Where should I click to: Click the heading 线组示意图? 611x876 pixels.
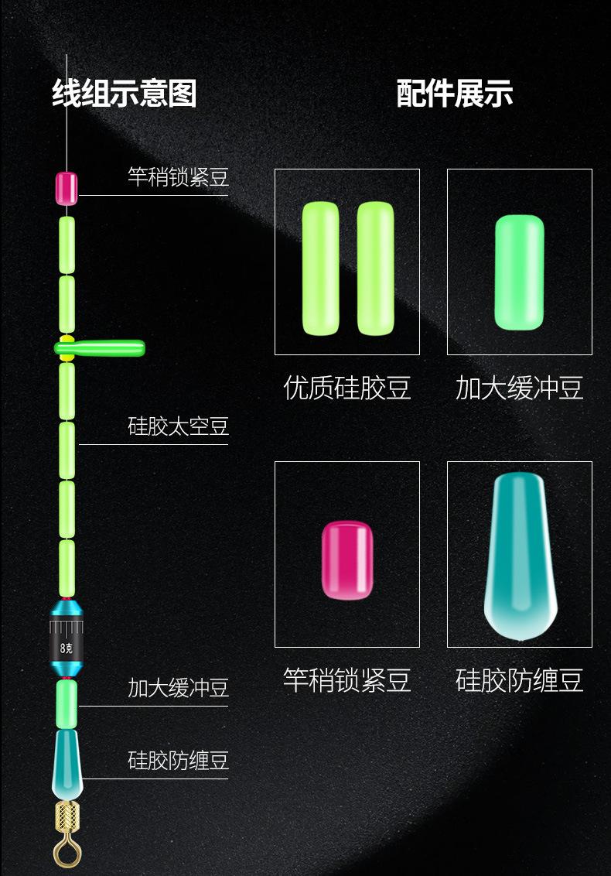(x=125, y=94)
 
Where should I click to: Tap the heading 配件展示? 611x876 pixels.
(x=455, y=94)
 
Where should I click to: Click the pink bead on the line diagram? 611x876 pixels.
(x=67, y=188)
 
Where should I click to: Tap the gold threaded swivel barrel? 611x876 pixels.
(x=67, y=815)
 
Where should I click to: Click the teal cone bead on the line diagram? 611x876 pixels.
(x=67, y=762)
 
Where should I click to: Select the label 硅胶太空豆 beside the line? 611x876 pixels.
(x=178, y=426)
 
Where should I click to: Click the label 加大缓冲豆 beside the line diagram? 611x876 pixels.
(x=178, y=688)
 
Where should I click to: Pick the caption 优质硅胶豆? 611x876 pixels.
(x=346, y=388)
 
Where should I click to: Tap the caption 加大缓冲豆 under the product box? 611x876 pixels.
(x=519, y=388)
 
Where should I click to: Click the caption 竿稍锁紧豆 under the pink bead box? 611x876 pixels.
(x=346, y=680)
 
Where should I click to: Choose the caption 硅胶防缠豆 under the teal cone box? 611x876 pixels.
(x=519, y=680)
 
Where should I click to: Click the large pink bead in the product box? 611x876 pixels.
(x=347, y=559)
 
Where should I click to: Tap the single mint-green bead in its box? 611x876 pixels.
(x=519, y=272)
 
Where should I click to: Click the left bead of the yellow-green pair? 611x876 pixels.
(x=320, y=269)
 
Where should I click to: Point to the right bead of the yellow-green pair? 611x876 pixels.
(x=375, y=269)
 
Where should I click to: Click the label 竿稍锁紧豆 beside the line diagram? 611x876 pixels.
(x=178, y=177)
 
